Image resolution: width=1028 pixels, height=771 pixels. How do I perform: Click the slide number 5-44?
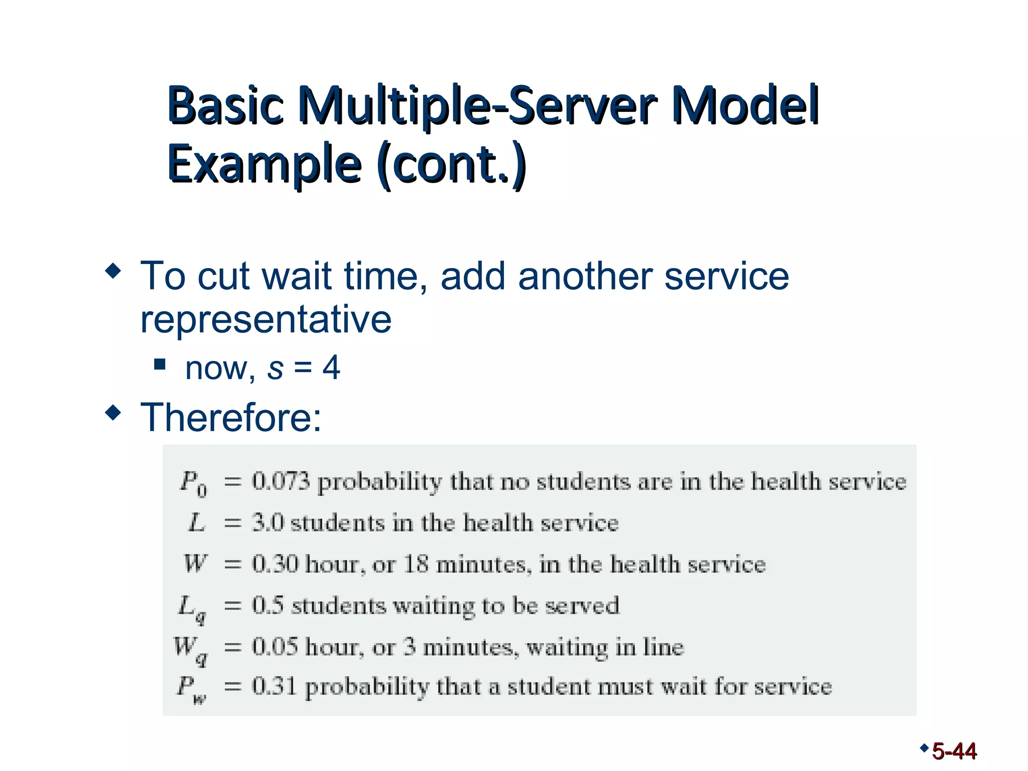[954, 751]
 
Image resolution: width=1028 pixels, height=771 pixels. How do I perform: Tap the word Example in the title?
[265, 164]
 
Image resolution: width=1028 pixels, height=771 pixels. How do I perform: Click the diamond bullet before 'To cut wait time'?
[113, 272]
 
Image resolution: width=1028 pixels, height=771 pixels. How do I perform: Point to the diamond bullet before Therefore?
[113, 413]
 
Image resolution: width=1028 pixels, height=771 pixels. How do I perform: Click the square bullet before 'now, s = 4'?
[160, 363]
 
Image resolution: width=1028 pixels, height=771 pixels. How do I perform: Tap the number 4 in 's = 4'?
[331, 367]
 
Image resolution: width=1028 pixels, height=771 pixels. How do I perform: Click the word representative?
[266, 319]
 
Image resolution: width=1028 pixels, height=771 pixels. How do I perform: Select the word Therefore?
[231, 417]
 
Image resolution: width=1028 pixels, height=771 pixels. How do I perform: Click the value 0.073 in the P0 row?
[281, 481]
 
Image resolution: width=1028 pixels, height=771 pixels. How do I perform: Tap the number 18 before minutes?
[416, 564]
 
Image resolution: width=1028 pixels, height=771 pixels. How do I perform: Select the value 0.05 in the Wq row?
[275, 647]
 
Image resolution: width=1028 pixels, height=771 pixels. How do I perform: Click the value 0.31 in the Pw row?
[274, 686]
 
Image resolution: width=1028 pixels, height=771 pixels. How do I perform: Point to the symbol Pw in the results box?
[191, 689]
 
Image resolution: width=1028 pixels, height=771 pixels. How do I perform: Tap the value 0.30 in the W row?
[275, 564]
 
